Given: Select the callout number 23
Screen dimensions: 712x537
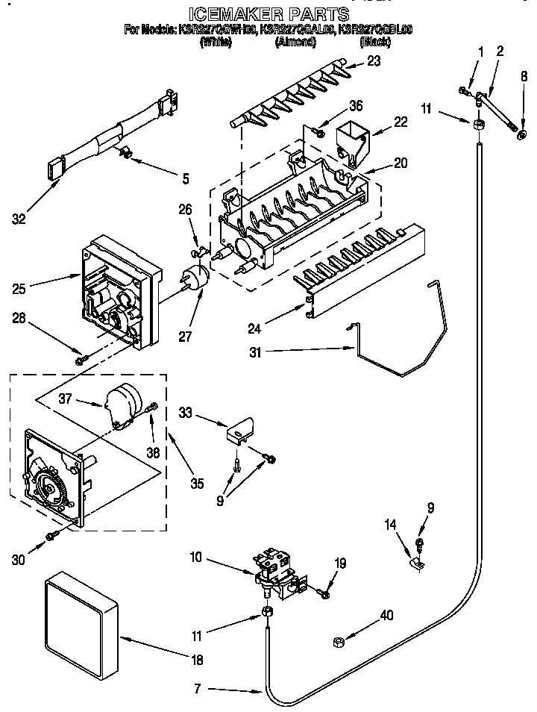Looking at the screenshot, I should coord(374,61).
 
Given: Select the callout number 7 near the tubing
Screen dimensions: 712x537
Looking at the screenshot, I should coord(198,687).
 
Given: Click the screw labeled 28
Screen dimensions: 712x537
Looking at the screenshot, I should coord(81,360).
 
